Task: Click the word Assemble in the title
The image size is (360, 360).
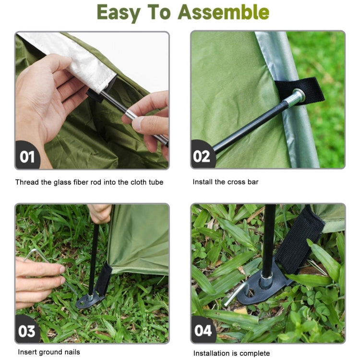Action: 223,13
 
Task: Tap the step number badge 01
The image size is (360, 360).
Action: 28,156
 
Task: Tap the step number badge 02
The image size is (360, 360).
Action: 203,156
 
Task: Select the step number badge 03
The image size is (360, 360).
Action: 28,331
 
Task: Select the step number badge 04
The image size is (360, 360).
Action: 203,331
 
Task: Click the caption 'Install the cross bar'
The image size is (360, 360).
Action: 226,182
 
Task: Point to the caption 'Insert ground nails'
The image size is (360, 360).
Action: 49,352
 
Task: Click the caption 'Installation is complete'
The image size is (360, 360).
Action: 231,353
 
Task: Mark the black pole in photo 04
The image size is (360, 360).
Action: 268,235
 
